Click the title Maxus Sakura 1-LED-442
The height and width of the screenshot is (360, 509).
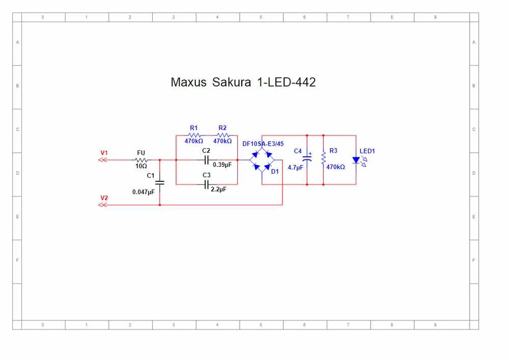point(243,82)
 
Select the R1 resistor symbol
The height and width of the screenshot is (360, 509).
point(194,135)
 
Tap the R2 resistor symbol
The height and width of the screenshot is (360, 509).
point(222,135)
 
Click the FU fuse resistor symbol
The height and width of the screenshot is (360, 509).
point(141,159)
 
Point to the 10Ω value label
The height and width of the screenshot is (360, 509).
point(141,166)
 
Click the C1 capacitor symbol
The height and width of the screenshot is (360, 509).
point(160,182)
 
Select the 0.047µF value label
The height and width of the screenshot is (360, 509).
point(143,192)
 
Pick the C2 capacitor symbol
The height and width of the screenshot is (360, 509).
point(206,160)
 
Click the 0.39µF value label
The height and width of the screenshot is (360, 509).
point(222,164)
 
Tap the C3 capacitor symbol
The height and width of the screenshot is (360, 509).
point(207,184)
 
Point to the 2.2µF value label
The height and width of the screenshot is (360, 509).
point(218,189)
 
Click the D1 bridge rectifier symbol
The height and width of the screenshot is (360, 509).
point(262,160)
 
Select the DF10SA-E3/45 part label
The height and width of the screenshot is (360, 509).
point(263,144)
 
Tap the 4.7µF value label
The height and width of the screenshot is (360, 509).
point(295,167)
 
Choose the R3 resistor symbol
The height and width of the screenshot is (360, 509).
point(323,158)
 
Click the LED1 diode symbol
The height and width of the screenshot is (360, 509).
point(356,160)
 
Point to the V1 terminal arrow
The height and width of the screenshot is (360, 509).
point(102,159)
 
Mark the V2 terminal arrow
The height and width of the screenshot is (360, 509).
point(102,205)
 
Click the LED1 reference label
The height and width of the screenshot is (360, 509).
point(367,151)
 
